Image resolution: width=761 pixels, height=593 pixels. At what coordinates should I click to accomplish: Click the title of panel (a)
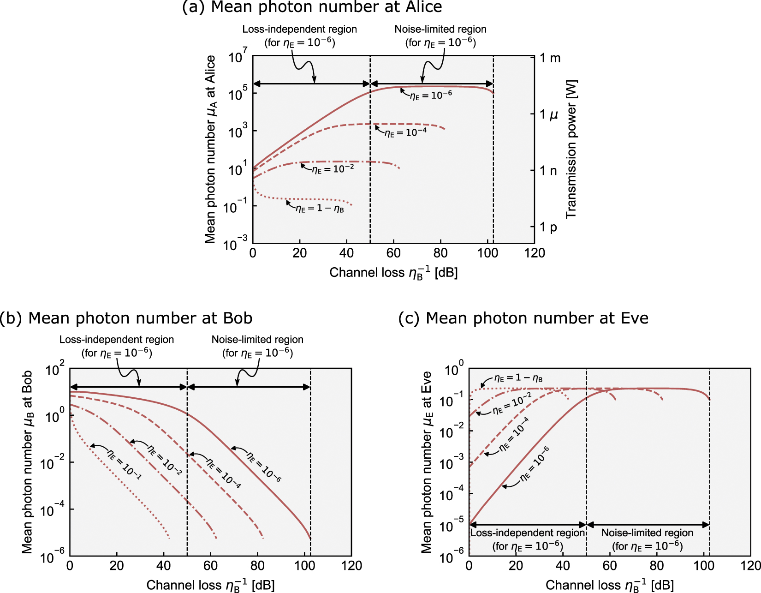312,7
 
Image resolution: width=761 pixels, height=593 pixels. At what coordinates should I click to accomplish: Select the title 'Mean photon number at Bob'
126,318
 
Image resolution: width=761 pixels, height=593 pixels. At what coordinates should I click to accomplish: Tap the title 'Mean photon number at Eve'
523,318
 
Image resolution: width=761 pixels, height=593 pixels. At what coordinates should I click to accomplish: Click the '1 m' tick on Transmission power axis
550,58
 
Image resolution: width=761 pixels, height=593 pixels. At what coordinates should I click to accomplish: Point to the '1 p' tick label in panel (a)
548,227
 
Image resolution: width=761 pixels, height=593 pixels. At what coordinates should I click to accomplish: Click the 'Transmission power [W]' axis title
571,149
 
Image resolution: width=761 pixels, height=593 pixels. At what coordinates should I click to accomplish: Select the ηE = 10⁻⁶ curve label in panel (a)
431,95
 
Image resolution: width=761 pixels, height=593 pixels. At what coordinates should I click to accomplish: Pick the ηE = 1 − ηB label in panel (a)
320,209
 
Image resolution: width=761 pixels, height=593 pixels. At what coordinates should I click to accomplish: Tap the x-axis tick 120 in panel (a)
535,253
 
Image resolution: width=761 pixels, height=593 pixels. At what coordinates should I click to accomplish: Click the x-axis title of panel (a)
393,273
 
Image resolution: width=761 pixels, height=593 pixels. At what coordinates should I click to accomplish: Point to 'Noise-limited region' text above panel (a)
440,30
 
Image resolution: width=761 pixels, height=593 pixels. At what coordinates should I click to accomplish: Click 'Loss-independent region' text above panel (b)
117,340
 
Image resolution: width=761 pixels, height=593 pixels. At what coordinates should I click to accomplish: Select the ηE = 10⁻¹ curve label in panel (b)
124,464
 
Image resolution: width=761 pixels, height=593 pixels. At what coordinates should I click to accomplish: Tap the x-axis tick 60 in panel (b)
210,566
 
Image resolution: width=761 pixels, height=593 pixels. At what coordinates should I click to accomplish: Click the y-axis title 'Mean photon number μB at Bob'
28,461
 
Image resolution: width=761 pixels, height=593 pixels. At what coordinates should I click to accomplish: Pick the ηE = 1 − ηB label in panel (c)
518,378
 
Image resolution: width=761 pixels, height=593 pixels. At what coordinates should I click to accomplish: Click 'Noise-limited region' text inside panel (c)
647,533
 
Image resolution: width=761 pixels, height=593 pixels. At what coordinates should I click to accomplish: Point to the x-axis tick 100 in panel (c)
704,566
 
